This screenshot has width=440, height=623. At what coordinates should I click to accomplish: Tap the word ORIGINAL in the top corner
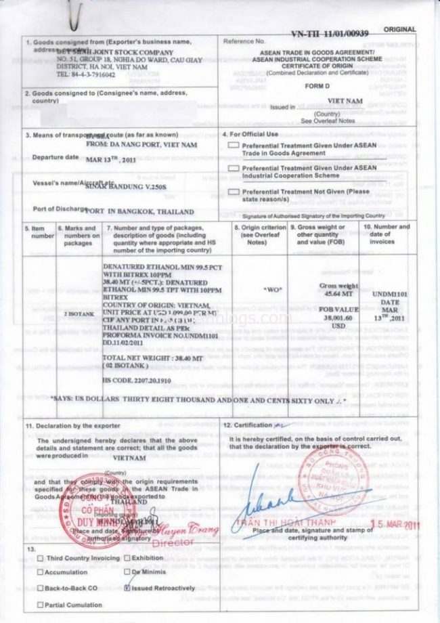pyautogui.click(x=399, y=30)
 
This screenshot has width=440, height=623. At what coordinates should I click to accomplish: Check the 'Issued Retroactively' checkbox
pyautogui.click(x=129, y=588)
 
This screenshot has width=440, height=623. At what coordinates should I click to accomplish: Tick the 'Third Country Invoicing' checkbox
pyautogui.click(x=40, y=558)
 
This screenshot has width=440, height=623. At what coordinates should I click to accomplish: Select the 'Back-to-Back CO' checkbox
pyautogui.click(x=40, y=588)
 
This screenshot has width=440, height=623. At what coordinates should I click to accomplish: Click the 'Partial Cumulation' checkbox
pyautogui.click(x=40, y=604)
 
